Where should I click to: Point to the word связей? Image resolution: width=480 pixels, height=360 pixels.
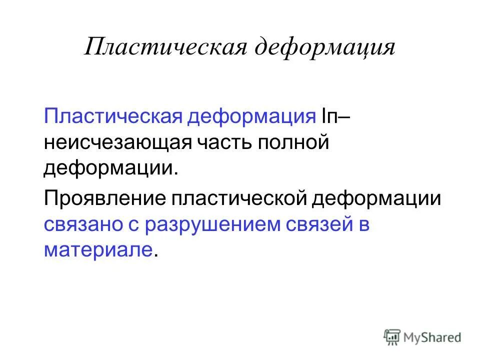coord(318,224)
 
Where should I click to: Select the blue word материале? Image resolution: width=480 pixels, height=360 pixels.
coord(97,250)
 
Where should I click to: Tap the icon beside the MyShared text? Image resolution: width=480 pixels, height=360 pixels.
coord(392,337)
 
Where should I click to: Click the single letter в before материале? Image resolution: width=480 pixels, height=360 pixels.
coord(363,225)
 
